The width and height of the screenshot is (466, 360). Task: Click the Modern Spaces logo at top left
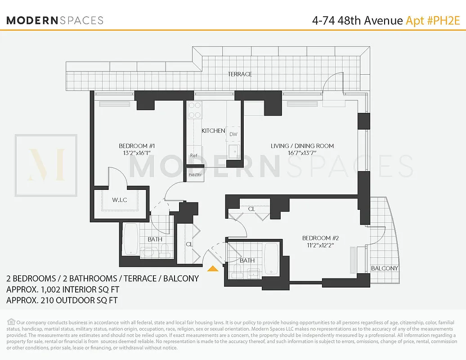point(55,20)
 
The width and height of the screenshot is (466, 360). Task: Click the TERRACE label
point(240,74)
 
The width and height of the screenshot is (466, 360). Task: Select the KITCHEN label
point(213,131)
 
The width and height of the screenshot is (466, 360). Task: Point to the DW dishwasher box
point(233,134)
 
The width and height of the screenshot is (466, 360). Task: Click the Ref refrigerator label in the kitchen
point(193,156)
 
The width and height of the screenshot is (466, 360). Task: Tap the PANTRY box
point(195,175)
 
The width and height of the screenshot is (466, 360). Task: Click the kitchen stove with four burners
point(195,110)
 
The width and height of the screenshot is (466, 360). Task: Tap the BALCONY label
point(385,268)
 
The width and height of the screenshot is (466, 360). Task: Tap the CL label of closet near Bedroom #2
point(251,209)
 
